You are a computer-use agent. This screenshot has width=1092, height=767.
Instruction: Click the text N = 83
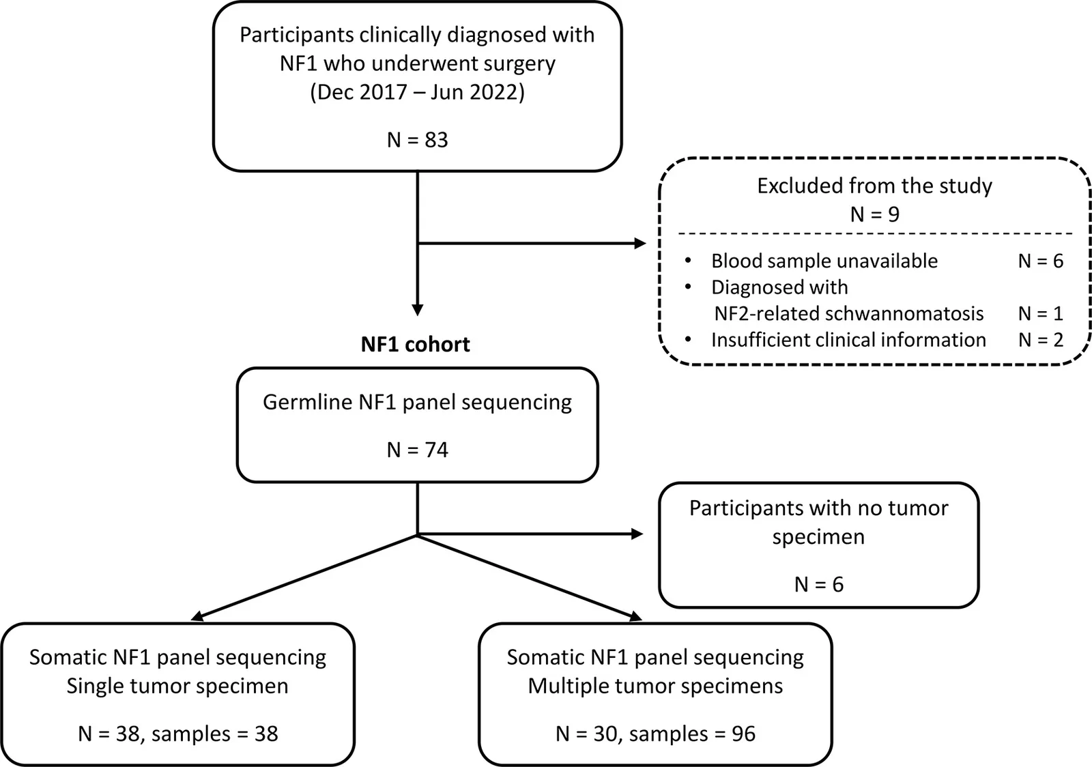tap(417, 140)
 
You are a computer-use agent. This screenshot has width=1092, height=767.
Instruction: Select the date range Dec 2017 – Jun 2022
tap(417, 92)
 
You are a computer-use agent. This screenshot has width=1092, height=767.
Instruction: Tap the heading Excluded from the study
tap(874, 186)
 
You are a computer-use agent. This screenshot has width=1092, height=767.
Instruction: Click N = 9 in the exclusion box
tap(874, 214)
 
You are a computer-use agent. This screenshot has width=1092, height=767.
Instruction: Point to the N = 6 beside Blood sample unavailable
tap(1040, 261)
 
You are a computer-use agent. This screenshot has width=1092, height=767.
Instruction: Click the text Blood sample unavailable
tap(824, 261)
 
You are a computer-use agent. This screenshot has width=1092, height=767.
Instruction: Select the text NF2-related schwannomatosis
tap(849, 313)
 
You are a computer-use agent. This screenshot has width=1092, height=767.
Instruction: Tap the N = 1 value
tap(1040, 313)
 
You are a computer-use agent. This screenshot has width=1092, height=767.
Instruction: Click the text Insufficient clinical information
tap(848, 340)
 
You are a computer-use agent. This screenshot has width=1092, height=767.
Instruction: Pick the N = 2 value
tap(1040, 340)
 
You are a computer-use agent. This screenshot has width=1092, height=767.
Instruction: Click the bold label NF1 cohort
tap(416, 345)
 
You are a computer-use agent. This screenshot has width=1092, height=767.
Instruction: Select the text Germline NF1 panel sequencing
tap(417, 403)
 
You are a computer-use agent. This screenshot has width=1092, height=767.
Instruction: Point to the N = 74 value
tap(417, 450)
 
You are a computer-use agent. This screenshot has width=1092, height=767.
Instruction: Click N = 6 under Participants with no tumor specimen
tap(819, 584)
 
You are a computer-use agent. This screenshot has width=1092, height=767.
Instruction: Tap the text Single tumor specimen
tap(177, 686)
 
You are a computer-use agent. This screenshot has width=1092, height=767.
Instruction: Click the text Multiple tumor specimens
tap(655, 686)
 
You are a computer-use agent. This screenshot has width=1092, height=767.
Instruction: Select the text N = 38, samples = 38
tap(178, 734)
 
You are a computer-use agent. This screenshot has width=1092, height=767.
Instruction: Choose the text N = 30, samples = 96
tap(656, 734)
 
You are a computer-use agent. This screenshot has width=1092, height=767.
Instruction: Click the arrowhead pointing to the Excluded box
tap(640, 243)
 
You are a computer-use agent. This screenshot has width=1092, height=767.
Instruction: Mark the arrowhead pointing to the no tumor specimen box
tap(637, 534)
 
